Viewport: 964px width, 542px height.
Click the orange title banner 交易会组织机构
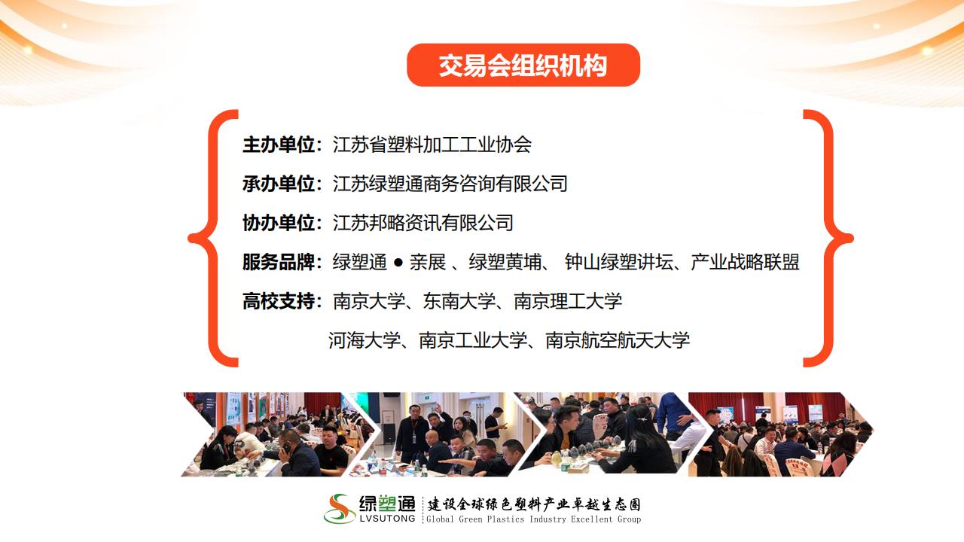523,65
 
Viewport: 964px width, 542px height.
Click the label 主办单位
279,145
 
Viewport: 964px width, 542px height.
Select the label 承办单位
279,184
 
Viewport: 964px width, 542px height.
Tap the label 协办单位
279,223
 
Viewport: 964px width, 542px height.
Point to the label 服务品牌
279,262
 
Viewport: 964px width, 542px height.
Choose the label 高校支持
279,301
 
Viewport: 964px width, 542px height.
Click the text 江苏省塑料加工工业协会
432,145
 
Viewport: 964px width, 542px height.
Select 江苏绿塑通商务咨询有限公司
450,184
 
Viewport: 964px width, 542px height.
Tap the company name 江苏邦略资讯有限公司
423,223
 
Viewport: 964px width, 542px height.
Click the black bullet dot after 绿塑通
398,263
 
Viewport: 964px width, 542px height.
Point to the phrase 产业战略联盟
746,262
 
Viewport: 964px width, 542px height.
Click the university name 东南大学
459,301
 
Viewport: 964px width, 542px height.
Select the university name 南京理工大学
568,301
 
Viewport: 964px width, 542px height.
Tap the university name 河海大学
365,340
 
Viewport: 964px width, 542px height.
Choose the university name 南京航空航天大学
618,340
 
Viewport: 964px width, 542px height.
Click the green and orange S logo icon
340,508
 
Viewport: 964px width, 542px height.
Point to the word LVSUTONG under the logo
387,519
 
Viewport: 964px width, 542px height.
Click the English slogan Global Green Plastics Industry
496,519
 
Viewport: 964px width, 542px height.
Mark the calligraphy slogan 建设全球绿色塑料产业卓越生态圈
534,504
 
